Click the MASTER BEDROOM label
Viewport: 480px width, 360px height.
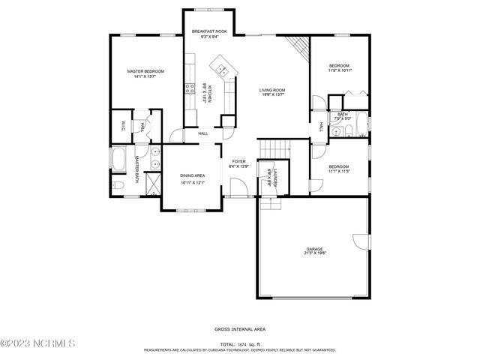(x=145, y=71)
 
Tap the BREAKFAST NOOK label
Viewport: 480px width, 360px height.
(x=208, y=31)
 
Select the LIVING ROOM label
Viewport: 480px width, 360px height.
(x=272, y=90)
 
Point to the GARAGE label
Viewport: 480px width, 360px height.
(x=313, y=249)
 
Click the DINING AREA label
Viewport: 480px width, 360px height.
(x=192, y=175)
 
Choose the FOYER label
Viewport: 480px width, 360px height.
(x=238, y=161)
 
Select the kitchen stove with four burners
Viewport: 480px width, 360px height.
(x=189, y=90)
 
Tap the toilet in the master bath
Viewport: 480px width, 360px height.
(x=115, y=185)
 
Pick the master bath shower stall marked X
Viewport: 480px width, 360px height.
(x=153, y=184)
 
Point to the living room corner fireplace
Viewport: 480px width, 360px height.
(x=301, y=49)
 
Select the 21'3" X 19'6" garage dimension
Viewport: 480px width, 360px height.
(x=313, y=254)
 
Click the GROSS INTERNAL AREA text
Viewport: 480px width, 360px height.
(x=239, y=329)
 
